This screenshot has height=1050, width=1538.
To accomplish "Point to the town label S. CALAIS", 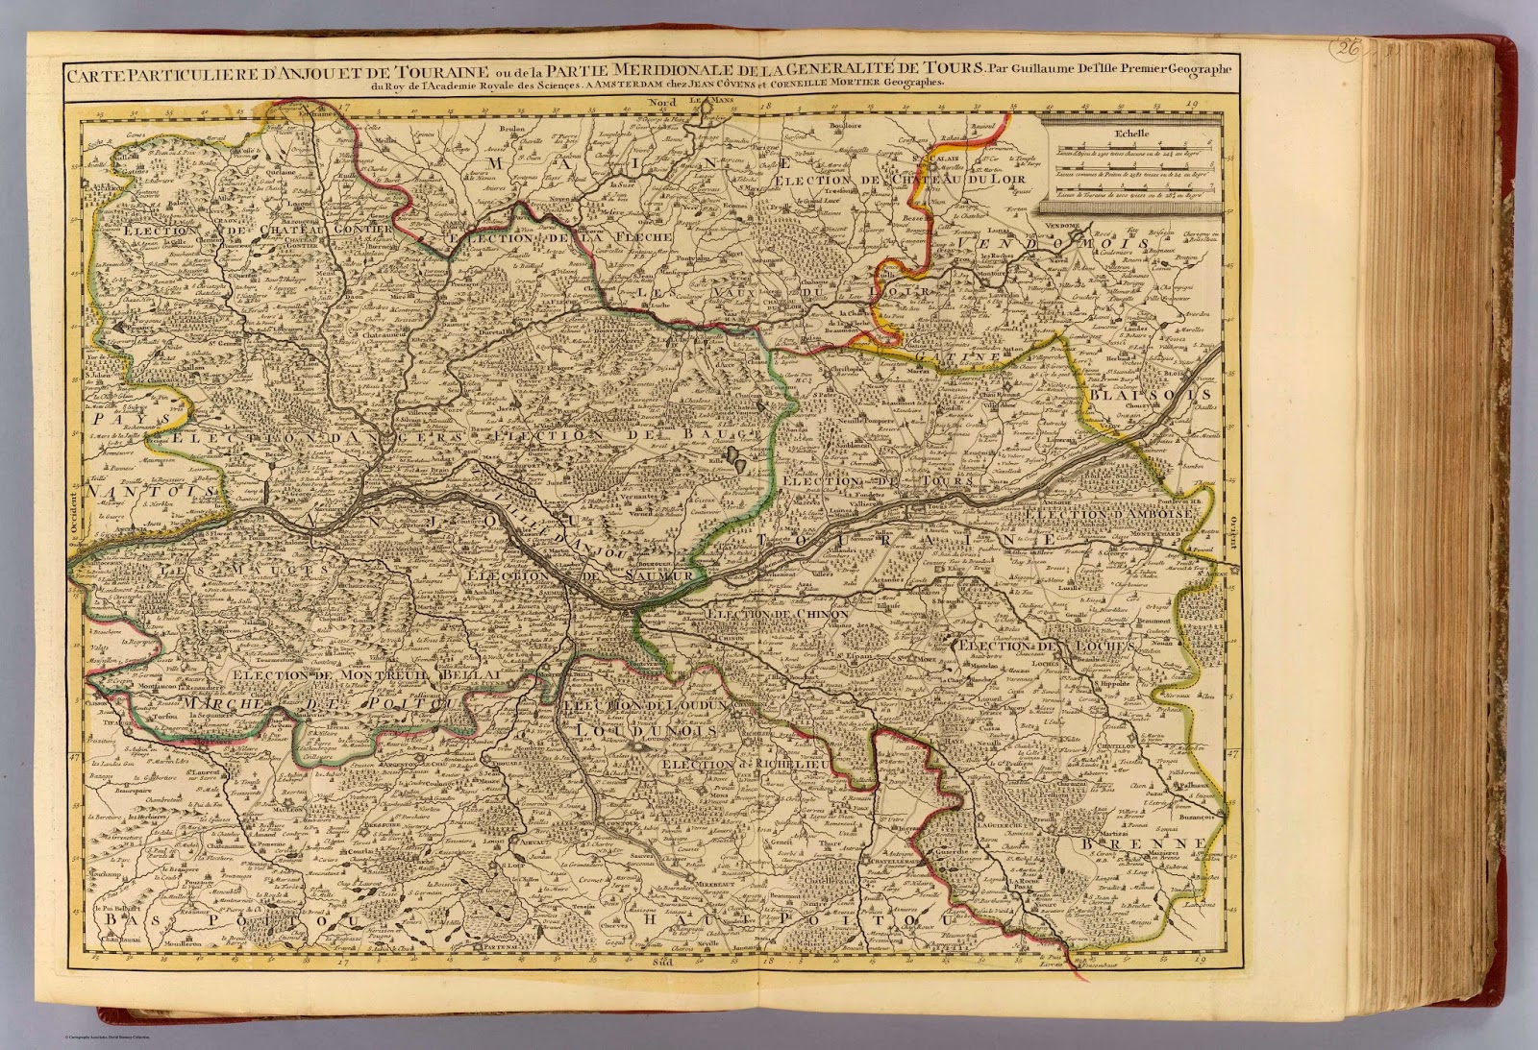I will tap(940, 161).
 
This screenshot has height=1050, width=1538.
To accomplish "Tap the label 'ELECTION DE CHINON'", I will tap(777, 613).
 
